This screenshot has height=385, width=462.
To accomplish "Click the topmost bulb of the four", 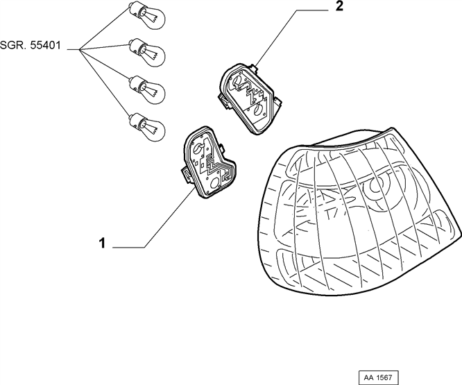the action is pyautogui.click(x=147, y=15).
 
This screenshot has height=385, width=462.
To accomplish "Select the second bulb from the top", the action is pyautogui.click(x=147, y=52).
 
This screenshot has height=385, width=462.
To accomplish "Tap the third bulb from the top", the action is pyautogui.click(x=147, y=89).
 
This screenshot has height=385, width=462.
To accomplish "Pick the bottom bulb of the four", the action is pyautogui.click(x=147, y=127).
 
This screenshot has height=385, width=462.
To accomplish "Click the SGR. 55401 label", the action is pyautogui.click(x=31, y=45).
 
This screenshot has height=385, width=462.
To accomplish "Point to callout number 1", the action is pyautogui.click(x=102, y=243).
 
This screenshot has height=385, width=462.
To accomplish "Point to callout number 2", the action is pyautogui.click(x=339, y=6).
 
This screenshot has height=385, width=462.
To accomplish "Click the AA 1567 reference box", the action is pyautogui.click(x=378, y=377).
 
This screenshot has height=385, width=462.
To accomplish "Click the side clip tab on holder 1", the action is pyautogui.click(x=185, y=175).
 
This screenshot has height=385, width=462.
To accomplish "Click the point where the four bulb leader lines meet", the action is pyautogui.click(x=80, y=49).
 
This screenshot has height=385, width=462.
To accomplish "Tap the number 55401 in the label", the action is pyautogui.click(x=45, y=45).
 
